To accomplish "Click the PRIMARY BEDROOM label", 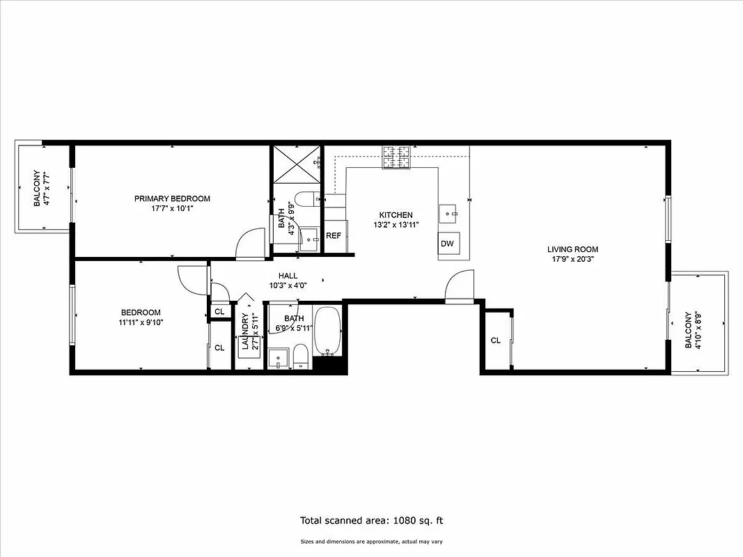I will coord(172,198).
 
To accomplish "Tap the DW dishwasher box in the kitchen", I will coord(447,244).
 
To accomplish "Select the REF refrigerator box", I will coord(334,236).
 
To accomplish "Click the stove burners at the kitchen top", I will coord(396,157).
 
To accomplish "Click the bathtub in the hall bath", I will coord(327,331).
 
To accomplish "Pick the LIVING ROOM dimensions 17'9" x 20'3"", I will coord(572,260).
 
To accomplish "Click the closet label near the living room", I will coord(496,340).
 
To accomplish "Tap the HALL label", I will coord(288,276).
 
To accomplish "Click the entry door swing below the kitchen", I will coord(459,286).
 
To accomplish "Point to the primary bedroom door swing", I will coord(250,245).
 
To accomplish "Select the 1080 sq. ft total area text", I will coord(371,520).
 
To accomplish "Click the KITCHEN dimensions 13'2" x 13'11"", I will coord(396,225).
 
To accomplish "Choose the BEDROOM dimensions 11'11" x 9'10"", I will coord(141,322).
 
